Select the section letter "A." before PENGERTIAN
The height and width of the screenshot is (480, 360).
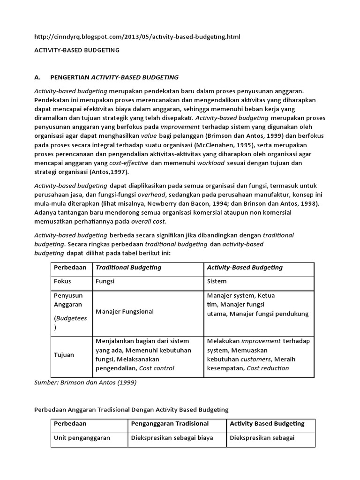tap(39, 77)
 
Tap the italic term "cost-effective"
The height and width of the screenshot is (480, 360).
tap(129, 163)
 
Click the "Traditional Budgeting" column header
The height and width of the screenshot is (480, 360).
tap(128, 267)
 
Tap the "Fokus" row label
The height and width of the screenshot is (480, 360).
tap(63, 281)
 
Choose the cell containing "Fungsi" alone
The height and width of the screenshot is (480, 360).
tap(105, 281)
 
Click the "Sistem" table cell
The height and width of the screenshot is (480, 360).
tap(217, 281)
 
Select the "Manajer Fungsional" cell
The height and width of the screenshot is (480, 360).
tap(125, 311)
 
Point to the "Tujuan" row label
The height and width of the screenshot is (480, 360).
tap(64, 355)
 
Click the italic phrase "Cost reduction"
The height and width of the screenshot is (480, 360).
tap(268, 368)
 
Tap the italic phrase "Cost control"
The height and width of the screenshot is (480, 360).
tap(156, 368)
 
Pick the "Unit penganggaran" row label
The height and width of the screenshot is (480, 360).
tap(82, 438)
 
